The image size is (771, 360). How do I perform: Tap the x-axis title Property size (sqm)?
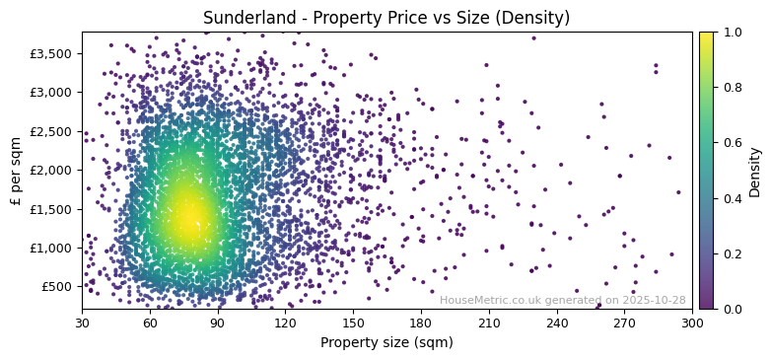(x=386, y=343)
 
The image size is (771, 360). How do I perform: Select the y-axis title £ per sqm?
(x=16, y=170)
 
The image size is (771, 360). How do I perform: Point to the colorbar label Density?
(x=755, y=171)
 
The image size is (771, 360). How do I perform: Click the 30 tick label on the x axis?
(x=82, y=322)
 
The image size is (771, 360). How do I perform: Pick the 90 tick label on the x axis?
(x=218, y=322)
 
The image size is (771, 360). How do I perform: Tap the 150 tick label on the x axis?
(x=353, y=322)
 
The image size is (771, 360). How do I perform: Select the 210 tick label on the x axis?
(x=489, y=322)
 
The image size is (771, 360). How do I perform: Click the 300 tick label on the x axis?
(x=692, y=322)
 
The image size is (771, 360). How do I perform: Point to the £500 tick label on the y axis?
(x=57, y=287)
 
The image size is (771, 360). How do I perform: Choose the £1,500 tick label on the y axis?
(x=52, y=209)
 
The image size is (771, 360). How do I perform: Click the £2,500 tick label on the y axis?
(x=52, y=131)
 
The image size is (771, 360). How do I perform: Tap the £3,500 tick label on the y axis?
(x=52, y=53)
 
